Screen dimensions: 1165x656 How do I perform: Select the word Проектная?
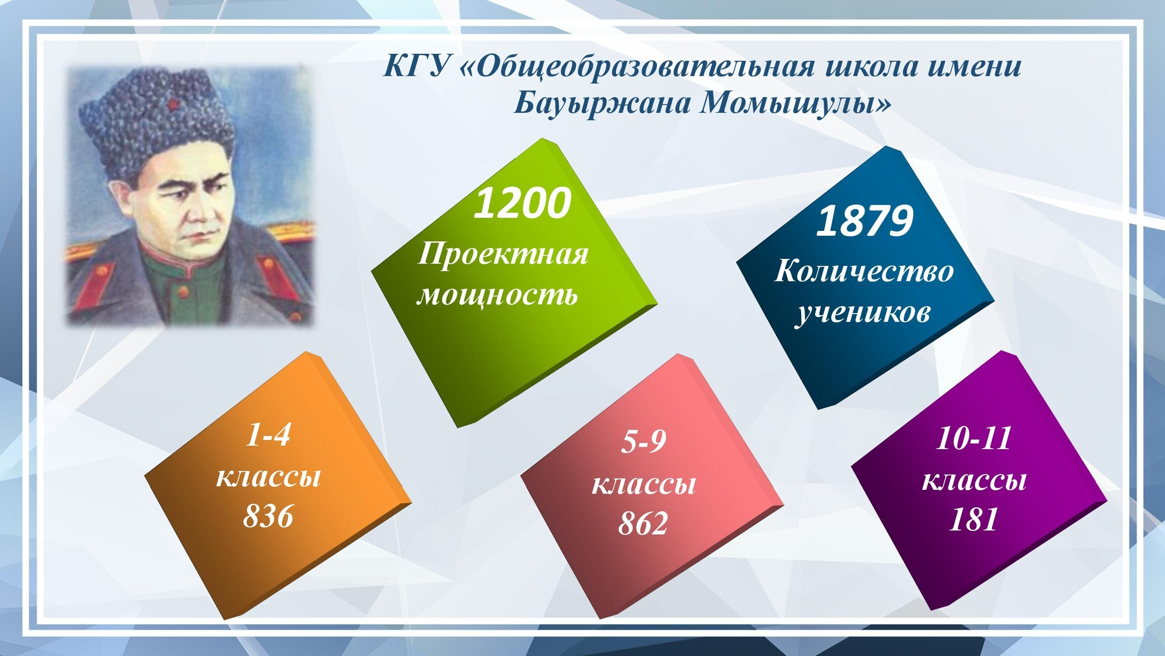click(x=503, y=255)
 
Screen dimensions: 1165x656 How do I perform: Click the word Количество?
click(x=864, y=273)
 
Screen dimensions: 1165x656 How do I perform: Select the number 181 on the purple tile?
click(x=973, y=519)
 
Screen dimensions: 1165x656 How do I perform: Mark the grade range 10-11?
click(x=973, y=438)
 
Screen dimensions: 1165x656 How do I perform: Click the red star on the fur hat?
click(x=172, y=105)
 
